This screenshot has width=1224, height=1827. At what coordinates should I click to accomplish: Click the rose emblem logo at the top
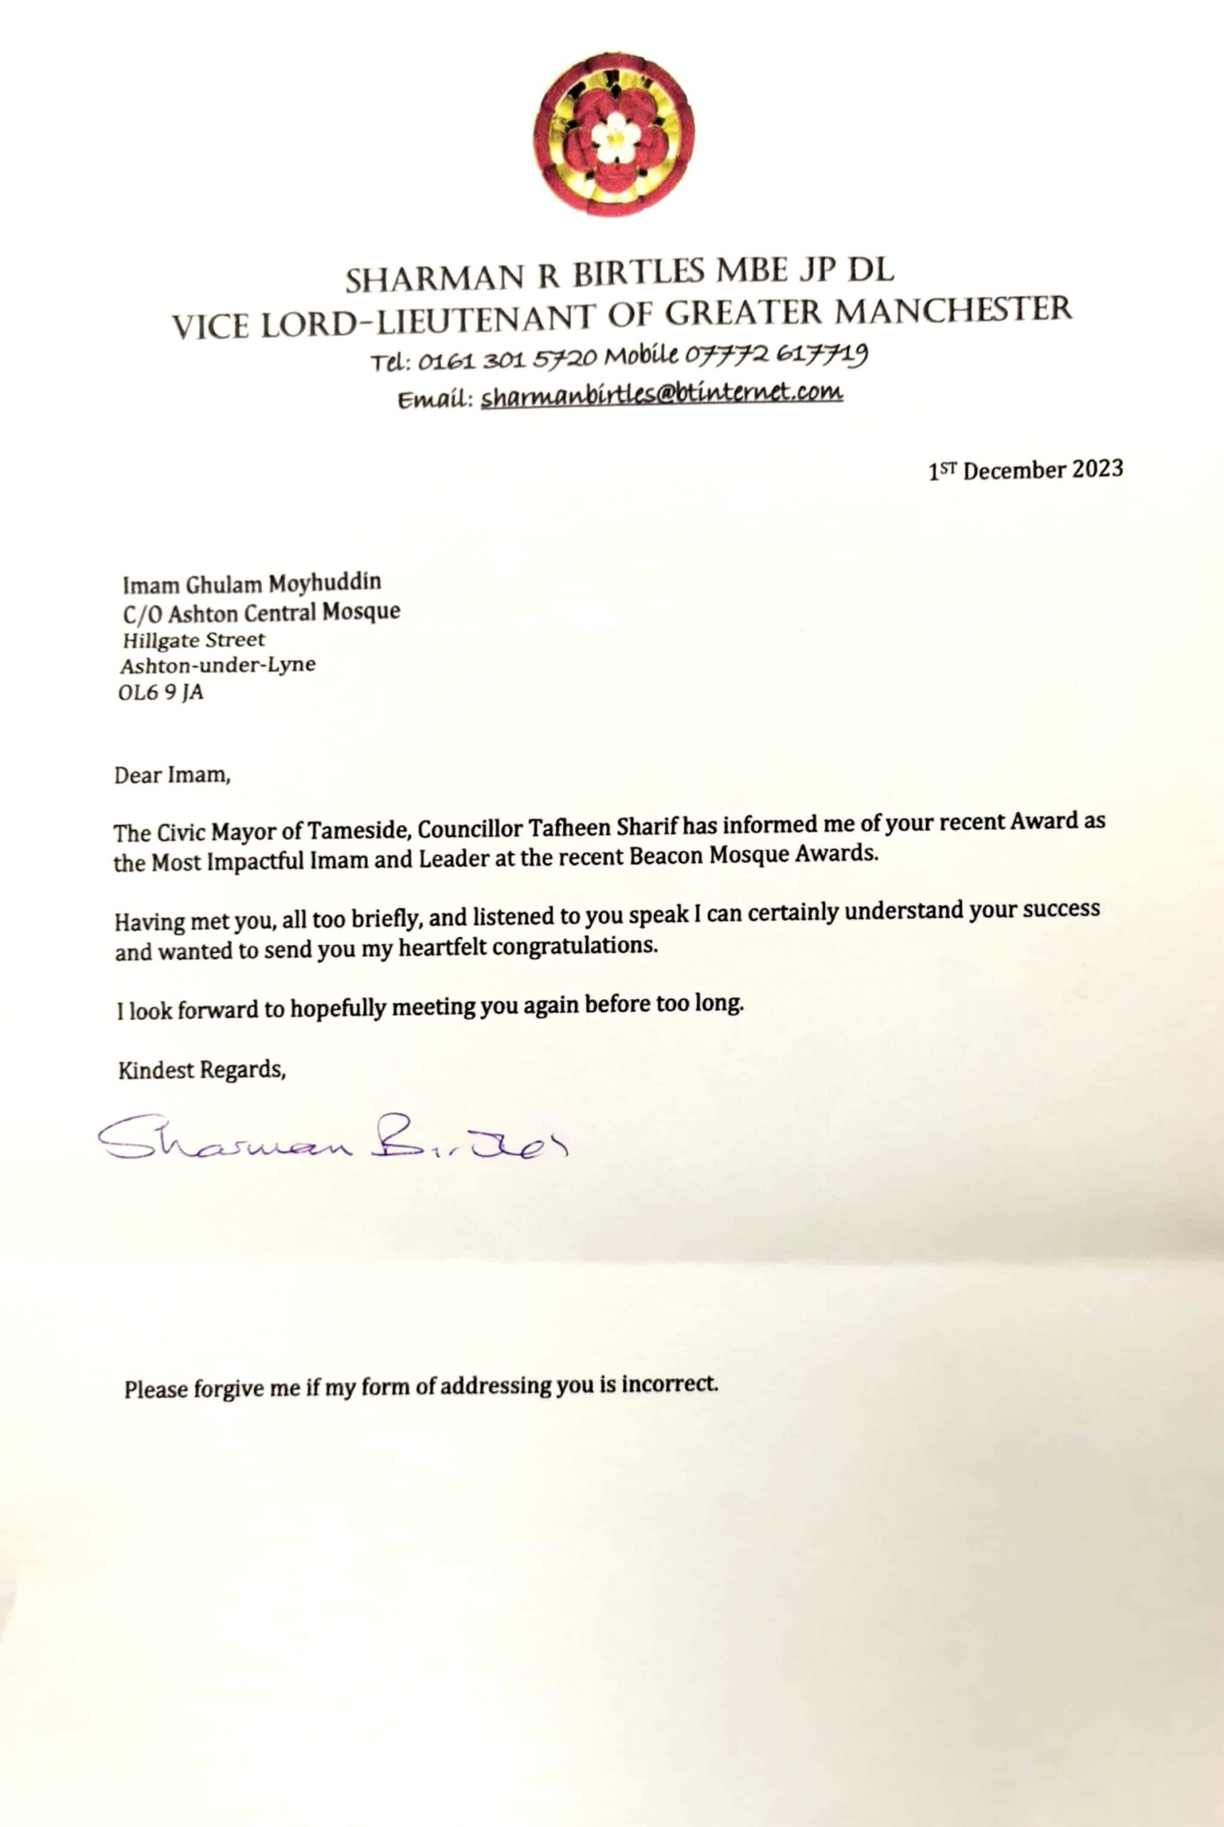tap(614, 134)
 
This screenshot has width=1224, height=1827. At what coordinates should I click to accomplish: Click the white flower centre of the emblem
tap(615, 136)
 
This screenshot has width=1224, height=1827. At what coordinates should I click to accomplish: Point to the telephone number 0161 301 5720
tap(507, 360)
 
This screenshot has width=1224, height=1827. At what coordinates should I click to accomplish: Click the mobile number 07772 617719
tap(776, 357)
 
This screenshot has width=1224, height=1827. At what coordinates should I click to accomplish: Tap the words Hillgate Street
tap(194, 641)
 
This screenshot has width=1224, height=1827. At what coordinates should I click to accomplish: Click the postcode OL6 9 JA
tap(161, 692)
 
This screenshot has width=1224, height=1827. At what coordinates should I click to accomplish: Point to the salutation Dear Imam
tap(172, 776)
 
